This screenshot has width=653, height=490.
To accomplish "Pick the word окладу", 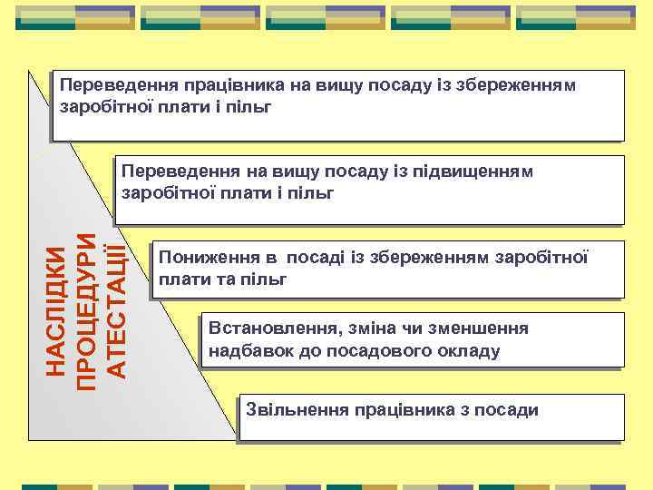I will tap(466, 351).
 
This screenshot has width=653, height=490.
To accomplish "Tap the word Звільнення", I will tap(288, 410).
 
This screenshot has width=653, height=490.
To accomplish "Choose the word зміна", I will tap(367, 328).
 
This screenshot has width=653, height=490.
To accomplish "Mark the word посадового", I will tap(375, 351).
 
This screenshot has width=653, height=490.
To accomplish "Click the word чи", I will tap(410, 328).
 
